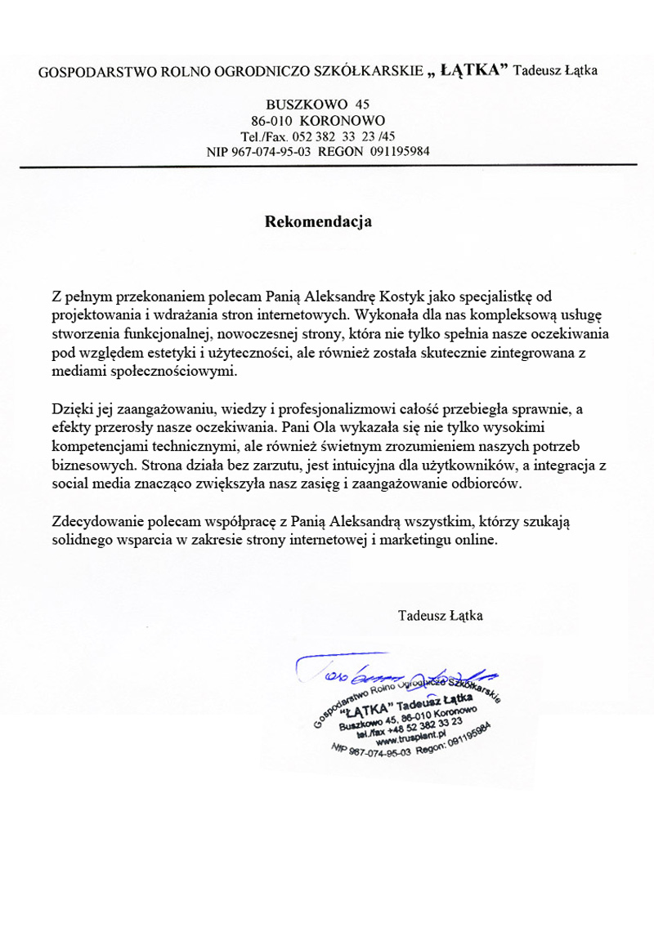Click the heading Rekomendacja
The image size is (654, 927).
318,221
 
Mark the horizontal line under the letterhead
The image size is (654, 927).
327,166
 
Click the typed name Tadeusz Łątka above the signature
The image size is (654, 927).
440,615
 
